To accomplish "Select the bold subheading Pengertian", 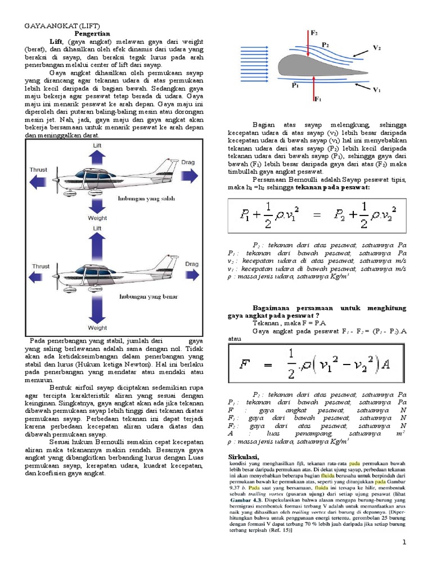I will (93, 34).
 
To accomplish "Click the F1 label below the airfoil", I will (317, 99).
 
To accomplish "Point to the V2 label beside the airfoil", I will (377, 48).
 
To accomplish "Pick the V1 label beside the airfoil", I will (377, 89).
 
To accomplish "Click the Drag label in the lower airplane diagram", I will (192, 263).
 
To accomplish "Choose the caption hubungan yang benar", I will (143, 295).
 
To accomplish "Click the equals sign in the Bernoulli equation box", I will (319, 216).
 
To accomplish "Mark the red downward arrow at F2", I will (310, 45).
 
